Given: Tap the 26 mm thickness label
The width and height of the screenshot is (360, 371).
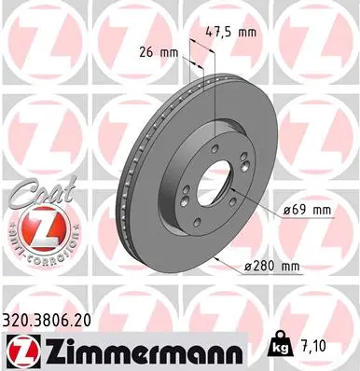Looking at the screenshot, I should tap(159, 52).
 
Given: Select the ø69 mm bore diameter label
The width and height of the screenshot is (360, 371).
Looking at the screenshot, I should tap(308, 211).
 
